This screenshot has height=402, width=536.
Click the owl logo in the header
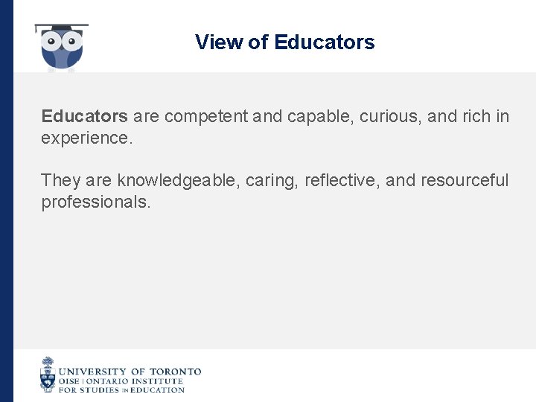click(x=62, y=48)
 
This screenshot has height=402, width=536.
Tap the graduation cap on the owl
click(x=62, y=28)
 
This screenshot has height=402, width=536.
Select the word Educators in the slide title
click(x=324, y=42)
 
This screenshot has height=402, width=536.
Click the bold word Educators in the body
click(x=84, y=117)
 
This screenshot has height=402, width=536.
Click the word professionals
click(x=95, y=202)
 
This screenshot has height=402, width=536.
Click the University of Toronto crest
click(x=48, y=374)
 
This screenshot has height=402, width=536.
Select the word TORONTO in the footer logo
click(x=176, y=371)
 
